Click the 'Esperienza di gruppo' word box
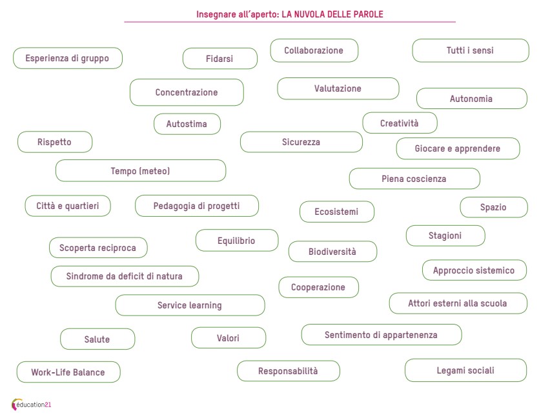(x=68, y=58)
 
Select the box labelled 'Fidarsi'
(x=219, y=59)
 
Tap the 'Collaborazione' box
(x=314, y=50)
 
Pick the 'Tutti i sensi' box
(x=470, y=50)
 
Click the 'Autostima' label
(x=187, y=124)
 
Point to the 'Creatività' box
(x=400, y=123)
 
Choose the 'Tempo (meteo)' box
(x=141, y=171)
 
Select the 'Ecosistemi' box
(x=336, y=212)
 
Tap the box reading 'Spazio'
(x=493, y=208)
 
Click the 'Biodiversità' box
(x=332, y=252)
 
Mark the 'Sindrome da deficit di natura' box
(x=125, y=276)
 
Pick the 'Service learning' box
(x=190, y=305)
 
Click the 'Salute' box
(x=97, y=339)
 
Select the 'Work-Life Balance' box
(x=68, y=372)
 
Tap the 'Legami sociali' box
(x=465, y=370)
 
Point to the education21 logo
(x=32, y=405)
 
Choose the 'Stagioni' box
(x=445, y=235)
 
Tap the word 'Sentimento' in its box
(x=347, y=335)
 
